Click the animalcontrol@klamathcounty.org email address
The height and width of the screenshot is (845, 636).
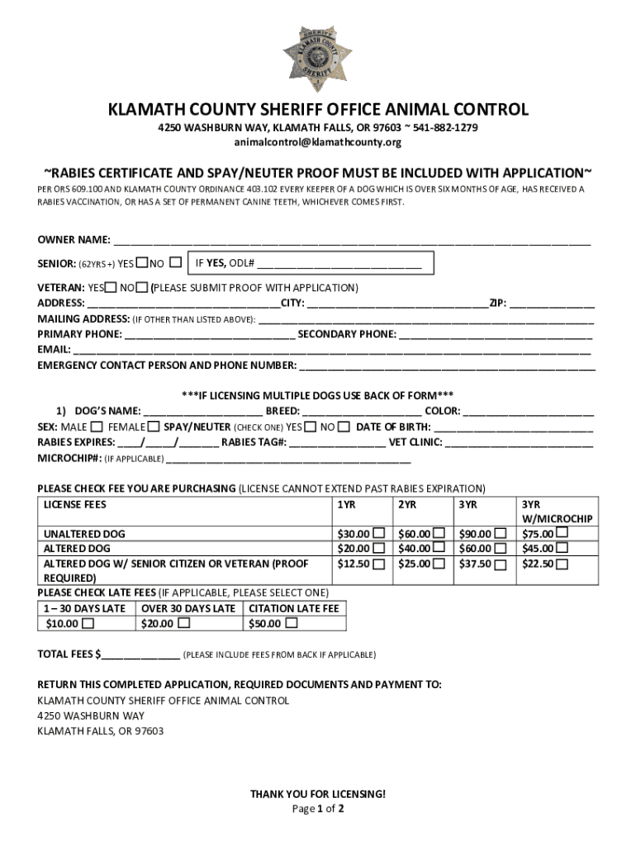(x=318, y=143)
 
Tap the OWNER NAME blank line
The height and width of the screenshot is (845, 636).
(x=352, y=241)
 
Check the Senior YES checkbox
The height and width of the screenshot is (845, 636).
(x=142, y=263)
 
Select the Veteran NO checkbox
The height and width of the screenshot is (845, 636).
(x=142, y=288)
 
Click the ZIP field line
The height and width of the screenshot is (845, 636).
(x=551, y=304)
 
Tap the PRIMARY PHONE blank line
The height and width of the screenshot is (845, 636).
(x=210, y=335)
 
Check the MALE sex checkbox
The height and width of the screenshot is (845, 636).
(x=97, y=427)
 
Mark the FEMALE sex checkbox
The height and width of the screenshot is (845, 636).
(x=154, y=427)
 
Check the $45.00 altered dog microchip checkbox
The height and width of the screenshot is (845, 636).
(x=562, y=548)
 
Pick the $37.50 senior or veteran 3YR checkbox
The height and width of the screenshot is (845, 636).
(x=501, y=564)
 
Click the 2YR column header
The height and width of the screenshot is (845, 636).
(x=406, y=504)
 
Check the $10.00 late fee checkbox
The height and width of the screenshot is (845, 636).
(x=88, y=624)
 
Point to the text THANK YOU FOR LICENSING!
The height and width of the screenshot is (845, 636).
(x=318, y=794)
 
